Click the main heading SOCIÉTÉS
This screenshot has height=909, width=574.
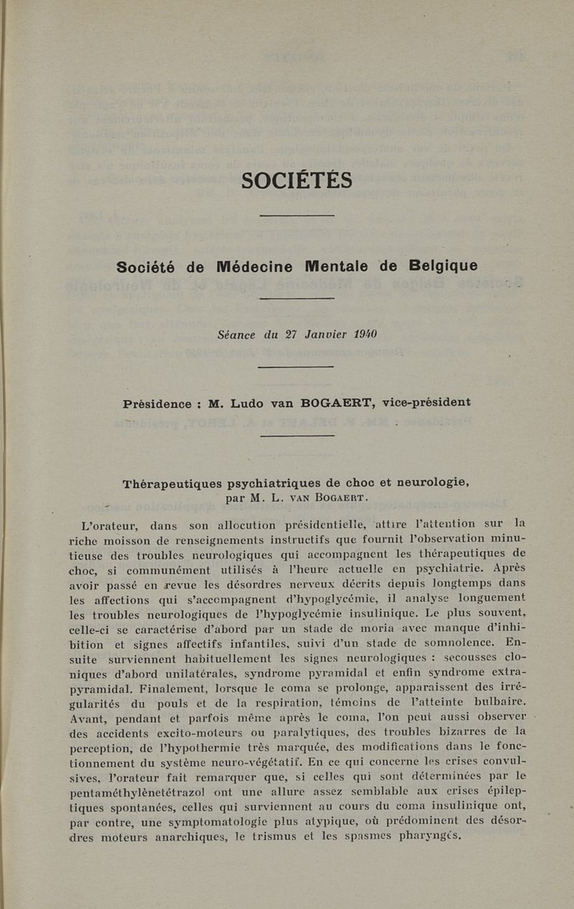tap(296, 179)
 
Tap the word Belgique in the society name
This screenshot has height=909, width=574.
tap(443, 266)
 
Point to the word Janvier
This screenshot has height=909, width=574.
tap(319, 334)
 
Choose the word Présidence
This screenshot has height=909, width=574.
tap(157, 404)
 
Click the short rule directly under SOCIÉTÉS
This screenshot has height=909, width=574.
tap(296, 215)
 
